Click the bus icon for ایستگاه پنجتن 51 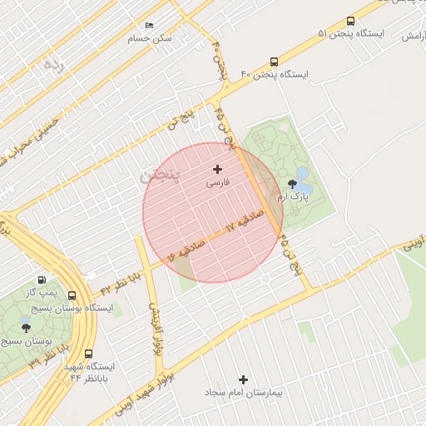[x=350, y=22]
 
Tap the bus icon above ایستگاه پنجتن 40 [x=274, y=62]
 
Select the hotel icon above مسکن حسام [x=150, y=26]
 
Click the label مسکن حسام [x=150, y=38]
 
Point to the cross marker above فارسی [x=218, y=169]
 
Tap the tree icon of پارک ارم [x=292, y=184]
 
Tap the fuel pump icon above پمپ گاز [x=42, y=280]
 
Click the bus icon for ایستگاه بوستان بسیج [x=72, y=295]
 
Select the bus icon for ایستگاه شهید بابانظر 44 [x=89, y=354]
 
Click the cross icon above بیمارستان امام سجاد [x=243, y=379]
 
